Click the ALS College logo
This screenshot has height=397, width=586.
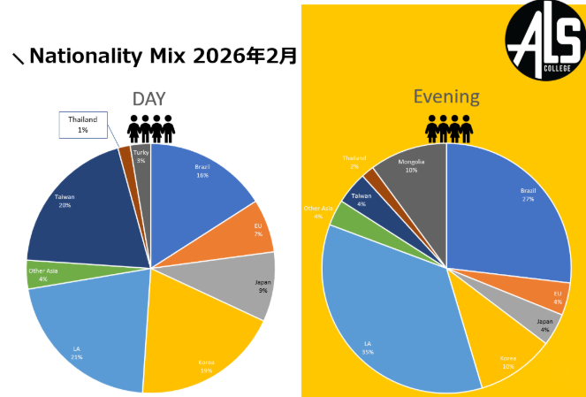tap(544, 40)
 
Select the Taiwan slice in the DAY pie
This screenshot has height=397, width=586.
tap(80, 208)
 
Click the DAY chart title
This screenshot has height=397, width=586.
tap(149, 99)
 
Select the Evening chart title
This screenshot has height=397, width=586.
tap(446, 96)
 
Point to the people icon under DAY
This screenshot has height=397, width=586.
tap(150, 129)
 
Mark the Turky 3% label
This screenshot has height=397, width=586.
tap(141, 157)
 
